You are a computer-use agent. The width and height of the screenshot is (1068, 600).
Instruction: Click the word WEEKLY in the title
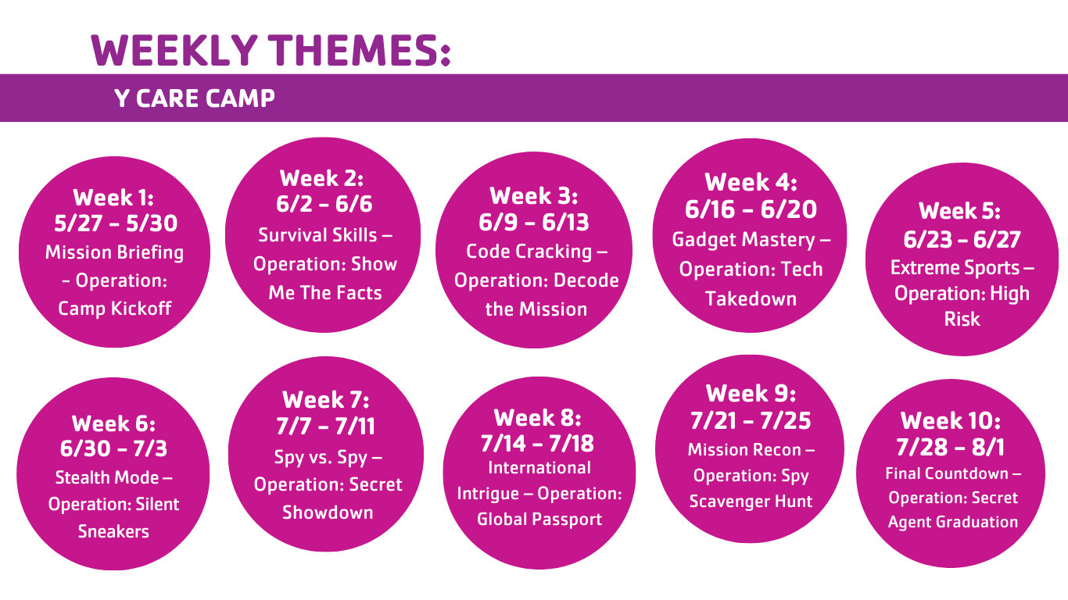(174, 50)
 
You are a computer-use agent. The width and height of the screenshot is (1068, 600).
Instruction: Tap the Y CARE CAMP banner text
(195, 98)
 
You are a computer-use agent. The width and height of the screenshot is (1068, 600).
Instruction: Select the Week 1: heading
(113, 198)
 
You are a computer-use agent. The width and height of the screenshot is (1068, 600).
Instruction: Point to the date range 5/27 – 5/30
(116, 223)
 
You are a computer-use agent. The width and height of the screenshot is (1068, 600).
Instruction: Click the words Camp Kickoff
(114, 309)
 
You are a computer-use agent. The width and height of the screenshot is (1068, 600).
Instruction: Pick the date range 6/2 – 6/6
(324, 204)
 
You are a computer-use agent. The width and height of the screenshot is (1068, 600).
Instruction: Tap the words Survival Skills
(317, 235)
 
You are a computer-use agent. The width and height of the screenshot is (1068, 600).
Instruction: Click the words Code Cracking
(529, 252)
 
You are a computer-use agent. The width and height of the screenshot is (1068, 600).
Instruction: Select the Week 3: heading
(534, 196)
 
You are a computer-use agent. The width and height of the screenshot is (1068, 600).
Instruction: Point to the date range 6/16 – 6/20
(751, 209)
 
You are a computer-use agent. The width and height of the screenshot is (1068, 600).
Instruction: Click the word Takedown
(751, 298)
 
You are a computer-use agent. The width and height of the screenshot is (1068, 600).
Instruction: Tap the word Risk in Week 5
(962, 319)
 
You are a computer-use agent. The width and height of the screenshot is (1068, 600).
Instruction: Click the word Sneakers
(113, 531)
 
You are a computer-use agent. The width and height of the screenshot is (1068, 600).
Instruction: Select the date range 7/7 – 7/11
(326, 426)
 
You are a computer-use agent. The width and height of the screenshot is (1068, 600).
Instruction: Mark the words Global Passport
(539, 519)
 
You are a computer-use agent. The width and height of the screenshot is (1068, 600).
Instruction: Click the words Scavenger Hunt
(751, 501)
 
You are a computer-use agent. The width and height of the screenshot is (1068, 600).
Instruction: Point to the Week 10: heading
(951, 421)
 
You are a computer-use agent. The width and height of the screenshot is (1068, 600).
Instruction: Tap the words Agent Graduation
(953, 522)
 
